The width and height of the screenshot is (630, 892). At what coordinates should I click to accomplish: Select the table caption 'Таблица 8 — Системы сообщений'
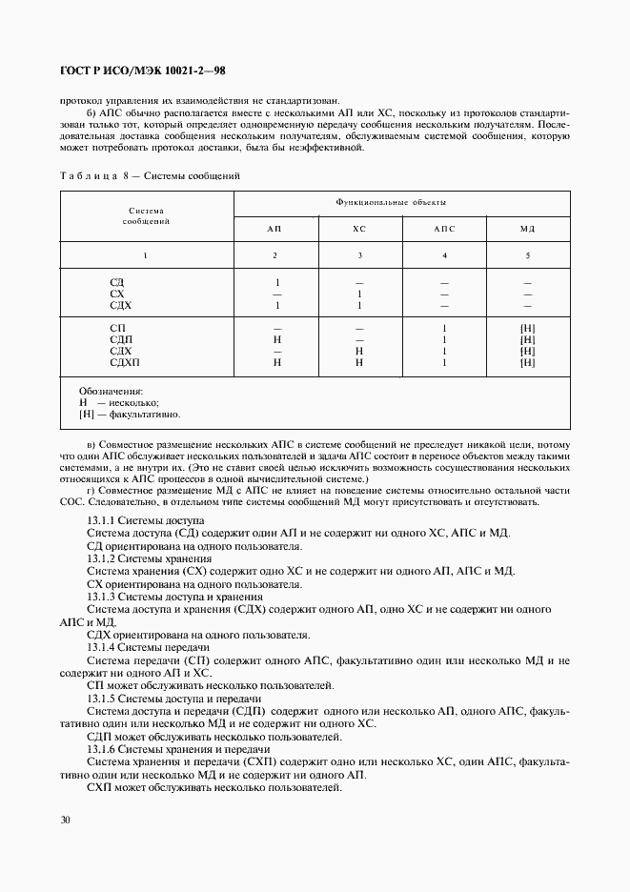[151, 176]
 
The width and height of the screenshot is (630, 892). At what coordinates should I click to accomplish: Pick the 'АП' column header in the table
[275, 230]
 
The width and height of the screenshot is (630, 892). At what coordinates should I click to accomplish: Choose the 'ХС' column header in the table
[359, 230]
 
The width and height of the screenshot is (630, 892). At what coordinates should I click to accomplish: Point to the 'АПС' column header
[444, 230]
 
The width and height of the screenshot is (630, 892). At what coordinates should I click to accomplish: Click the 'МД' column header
[528, 230]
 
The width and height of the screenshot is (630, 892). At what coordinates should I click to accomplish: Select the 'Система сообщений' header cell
[147, 215]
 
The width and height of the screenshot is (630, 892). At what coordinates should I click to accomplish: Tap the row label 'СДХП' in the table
[123, 362]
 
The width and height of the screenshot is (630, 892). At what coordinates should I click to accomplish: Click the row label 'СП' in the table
[117, 328]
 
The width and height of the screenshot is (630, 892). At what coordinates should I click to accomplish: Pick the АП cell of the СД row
[276, 282]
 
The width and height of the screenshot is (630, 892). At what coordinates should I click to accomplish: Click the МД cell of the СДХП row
[528, 362]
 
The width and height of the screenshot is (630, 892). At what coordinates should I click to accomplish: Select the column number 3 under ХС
[359, 255]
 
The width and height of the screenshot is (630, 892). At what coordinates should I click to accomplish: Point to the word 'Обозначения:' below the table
[111, 391]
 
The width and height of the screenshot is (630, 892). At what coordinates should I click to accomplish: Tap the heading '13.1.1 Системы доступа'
[145, 522]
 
